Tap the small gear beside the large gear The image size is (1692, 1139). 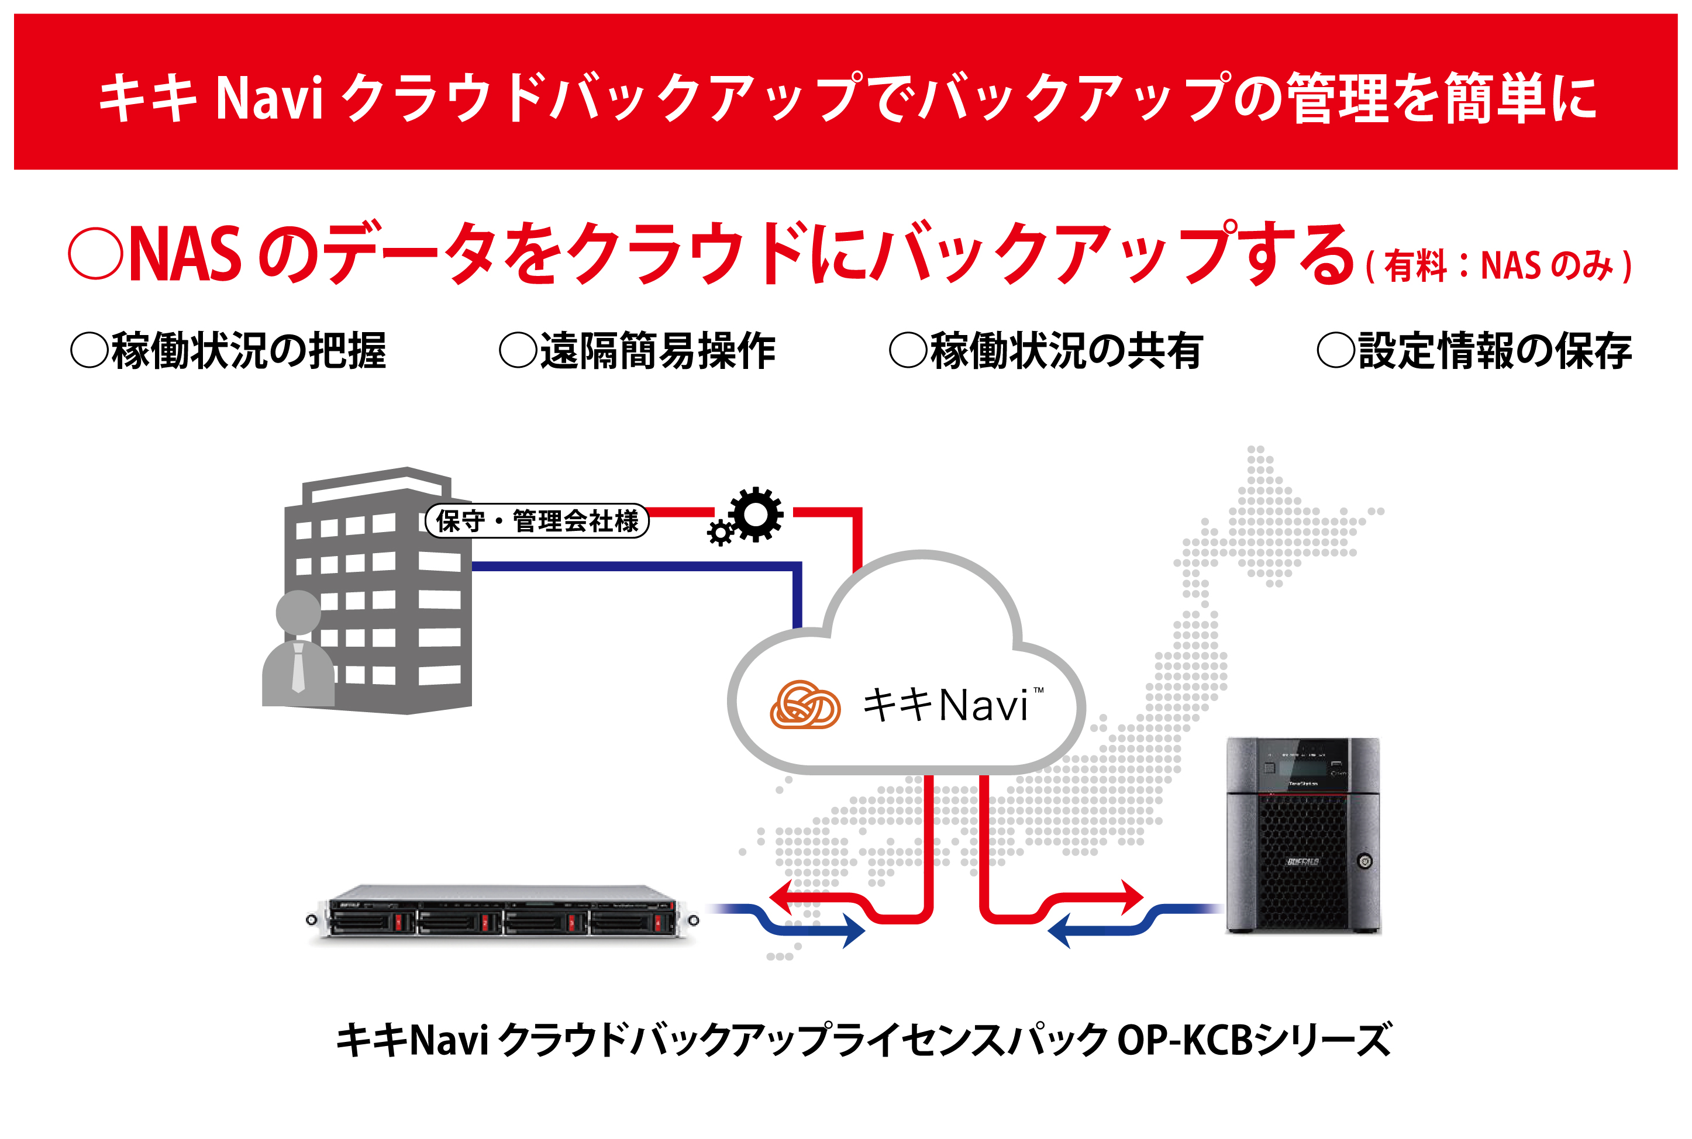click(x=720, y=533)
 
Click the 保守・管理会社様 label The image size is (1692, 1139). click(x=537, y=521)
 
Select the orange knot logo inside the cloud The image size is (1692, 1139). click(x=804, y=705)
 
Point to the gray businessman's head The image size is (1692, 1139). click(x=298, y=612)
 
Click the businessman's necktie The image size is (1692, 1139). click(x=298, y=667)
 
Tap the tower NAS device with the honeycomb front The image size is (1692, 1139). click(x=1302, y=836)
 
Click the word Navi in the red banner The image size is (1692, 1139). click(x=269, y=98)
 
